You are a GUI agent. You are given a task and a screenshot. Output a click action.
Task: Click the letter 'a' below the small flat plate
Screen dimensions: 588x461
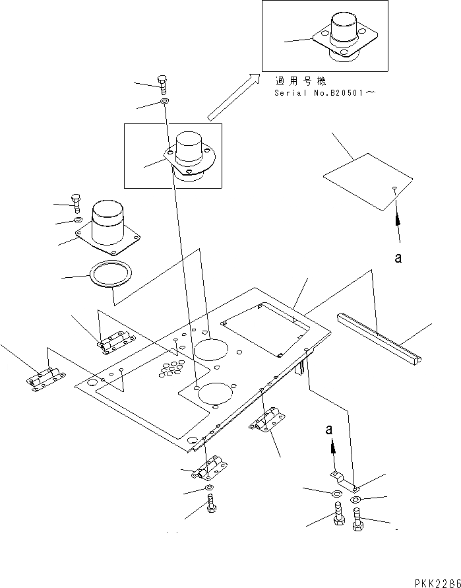click(398, 258)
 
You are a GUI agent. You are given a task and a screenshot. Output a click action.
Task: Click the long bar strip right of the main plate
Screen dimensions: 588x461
click(381, 337)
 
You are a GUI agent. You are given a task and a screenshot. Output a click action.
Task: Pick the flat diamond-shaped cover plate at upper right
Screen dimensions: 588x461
click(368, 181)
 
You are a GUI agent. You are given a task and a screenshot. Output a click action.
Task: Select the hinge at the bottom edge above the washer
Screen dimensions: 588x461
click(208, 471)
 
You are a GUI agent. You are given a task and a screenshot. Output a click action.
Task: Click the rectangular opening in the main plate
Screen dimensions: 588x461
click(267, 328)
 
